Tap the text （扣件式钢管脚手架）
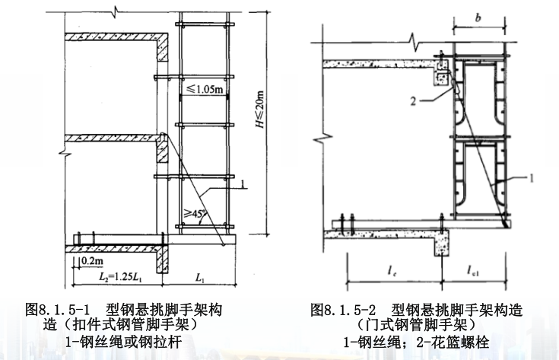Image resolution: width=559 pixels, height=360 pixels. click(x=122, y=326)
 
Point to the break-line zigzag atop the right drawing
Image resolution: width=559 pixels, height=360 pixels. click(x=413, y=40)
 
